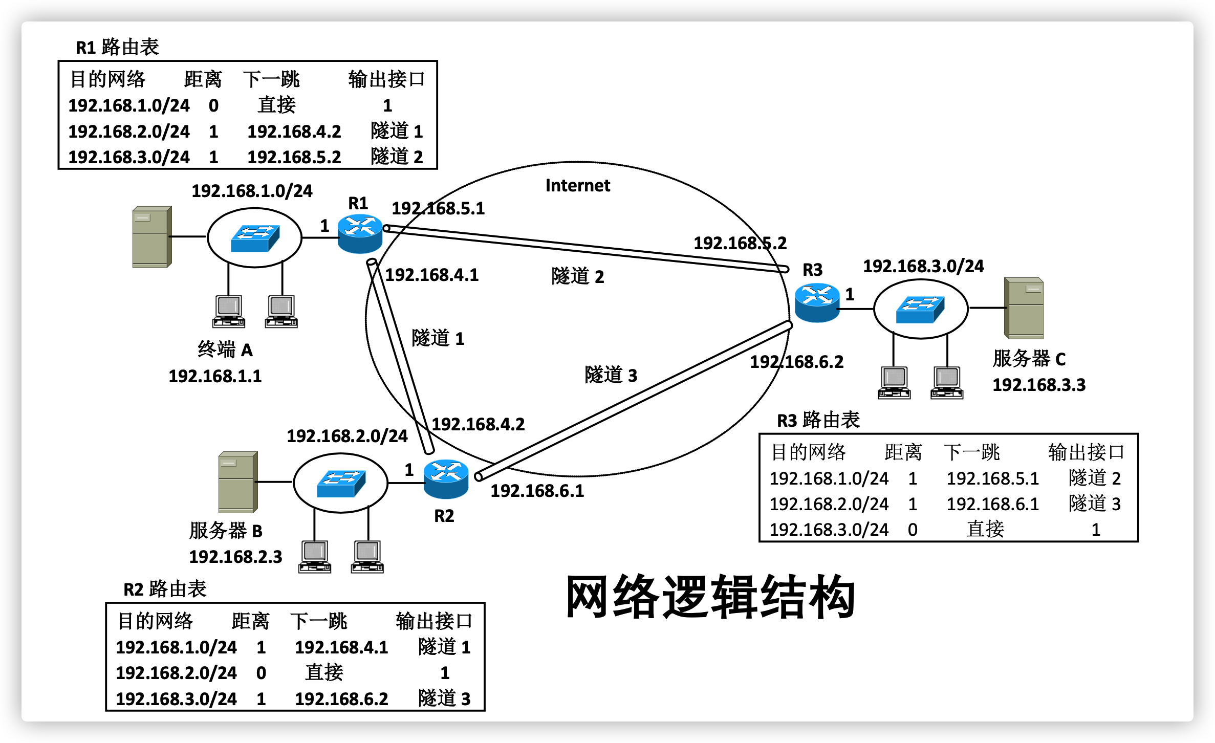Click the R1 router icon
(x=360, y=234)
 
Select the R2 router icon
(x=446, y=479)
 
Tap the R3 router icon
(x=817, y=302)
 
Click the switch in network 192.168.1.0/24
(x=255, y=238)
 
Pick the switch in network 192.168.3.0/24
(x=920, y=309)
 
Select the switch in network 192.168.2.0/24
(x=341, y=483)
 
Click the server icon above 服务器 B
(x=237, y=482)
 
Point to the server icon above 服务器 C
(x=1024, y=308)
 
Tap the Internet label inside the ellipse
(x=578, y=185)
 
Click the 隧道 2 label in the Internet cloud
(x=578, y=276)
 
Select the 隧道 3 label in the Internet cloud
(x=611, y=375)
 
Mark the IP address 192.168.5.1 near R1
(x=438, y=208)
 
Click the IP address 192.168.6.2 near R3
(x=796, y=362)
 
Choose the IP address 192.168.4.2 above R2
(x=478, y=424)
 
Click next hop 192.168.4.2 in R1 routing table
(x=294, y=132)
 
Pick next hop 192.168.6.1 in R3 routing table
(x=992, y=504)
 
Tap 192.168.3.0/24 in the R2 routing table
(x=176, y=698)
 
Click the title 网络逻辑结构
(x=710, y=597)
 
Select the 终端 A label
(x=225, y=350)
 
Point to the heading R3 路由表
(x=818, y=420)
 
